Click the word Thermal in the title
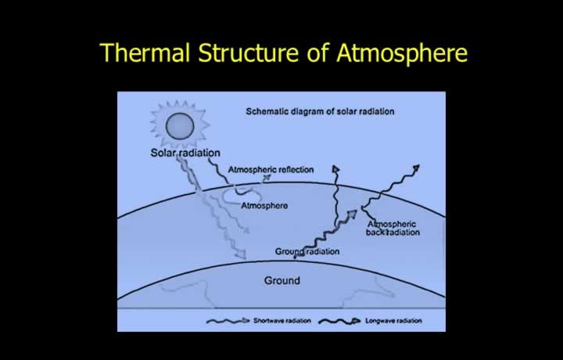click(145, 52)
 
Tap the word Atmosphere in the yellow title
click(402, 53)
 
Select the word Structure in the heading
click(248, 52)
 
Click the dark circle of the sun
click(180, 126)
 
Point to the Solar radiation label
click(185, 153)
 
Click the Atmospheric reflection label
click(271, 170)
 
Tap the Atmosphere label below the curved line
click(264, 206)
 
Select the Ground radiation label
click(307, 251)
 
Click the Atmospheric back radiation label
click(393, 229)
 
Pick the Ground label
click(282, 281)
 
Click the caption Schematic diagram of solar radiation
click(320, 111)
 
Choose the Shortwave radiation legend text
click(282, 321)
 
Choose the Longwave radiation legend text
click(393, 321)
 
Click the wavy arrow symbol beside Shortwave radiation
click(228, 321)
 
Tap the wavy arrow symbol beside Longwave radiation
click(339, 321)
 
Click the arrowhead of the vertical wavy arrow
click(336, 170)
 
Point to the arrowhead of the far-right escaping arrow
click(416, 168)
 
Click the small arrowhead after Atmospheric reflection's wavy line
click(267, 178)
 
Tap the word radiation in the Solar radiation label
click(200, 153)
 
